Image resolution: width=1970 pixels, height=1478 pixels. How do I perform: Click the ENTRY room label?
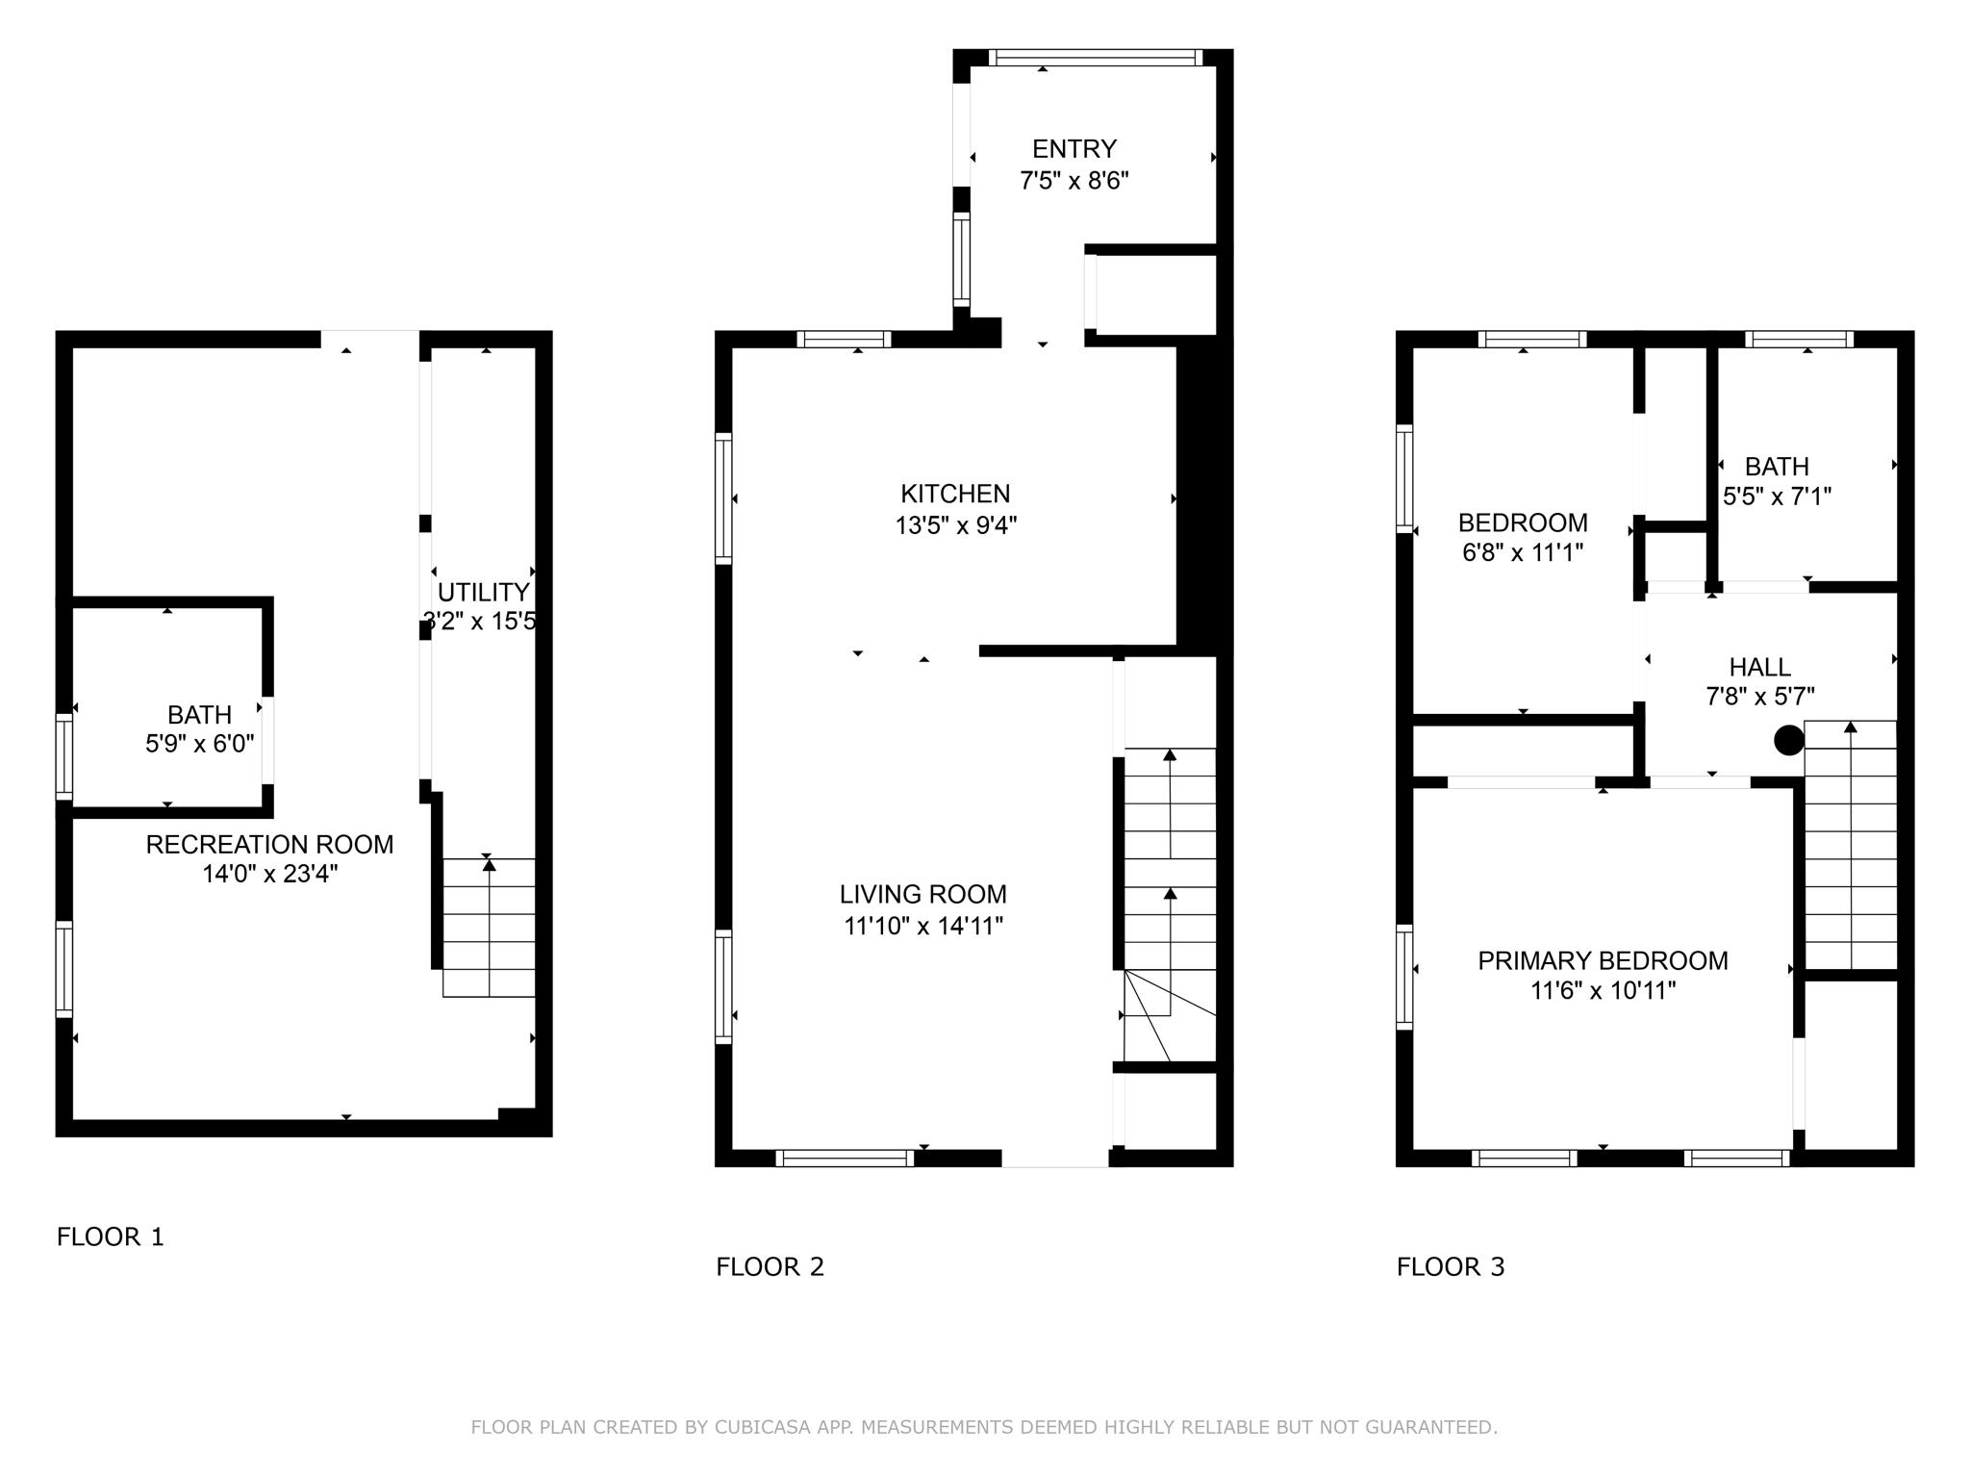point(1073,149)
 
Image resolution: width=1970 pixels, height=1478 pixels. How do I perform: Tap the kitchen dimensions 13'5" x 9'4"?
point(955,525)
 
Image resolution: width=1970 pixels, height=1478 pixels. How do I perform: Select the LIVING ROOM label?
point(922,894)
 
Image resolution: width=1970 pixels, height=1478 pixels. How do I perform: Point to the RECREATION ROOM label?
point(269,844)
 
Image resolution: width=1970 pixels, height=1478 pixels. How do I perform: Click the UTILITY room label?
point(483,592)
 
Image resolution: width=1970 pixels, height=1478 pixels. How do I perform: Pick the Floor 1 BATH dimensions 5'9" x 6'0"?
point(199,745)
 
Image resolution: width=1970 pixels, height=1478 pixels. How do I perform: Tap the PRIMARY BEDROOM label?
point(1603,960)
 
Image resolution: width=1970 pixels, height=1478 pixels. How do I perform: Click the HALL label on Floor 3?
point(1759,667)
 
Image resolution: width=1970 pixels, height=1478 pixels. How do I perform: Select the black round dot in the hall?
point(1788,740)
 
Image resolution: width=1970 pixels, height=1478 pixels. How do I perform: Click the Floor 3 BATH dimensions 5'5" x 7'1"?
point(1776,497)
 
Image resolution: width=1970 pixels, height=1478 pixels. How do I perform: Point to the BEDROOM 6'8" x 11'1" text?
point(1522,538)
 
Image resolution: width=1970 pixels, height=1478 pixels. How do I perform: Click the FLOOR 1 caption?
point(111,1236)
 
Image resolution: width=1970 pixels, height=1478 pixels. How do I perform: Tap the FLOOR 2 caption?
point(770,1266)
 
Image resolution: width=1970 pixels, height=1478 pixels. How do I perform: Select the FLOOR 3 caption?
point(1450,1266)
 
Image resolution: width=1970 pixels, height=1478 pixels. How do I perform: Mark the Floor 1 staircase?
point(489,927)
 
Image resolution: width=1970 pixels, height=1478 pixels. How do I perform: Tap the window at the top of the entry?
point(1095,58)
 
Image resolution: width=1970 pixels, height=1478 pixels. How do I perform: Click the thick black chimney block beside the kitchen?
point(1203,496)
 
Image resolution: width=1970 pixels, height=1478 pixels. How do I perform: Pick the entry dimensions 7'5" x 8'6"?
point(1073,181)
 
